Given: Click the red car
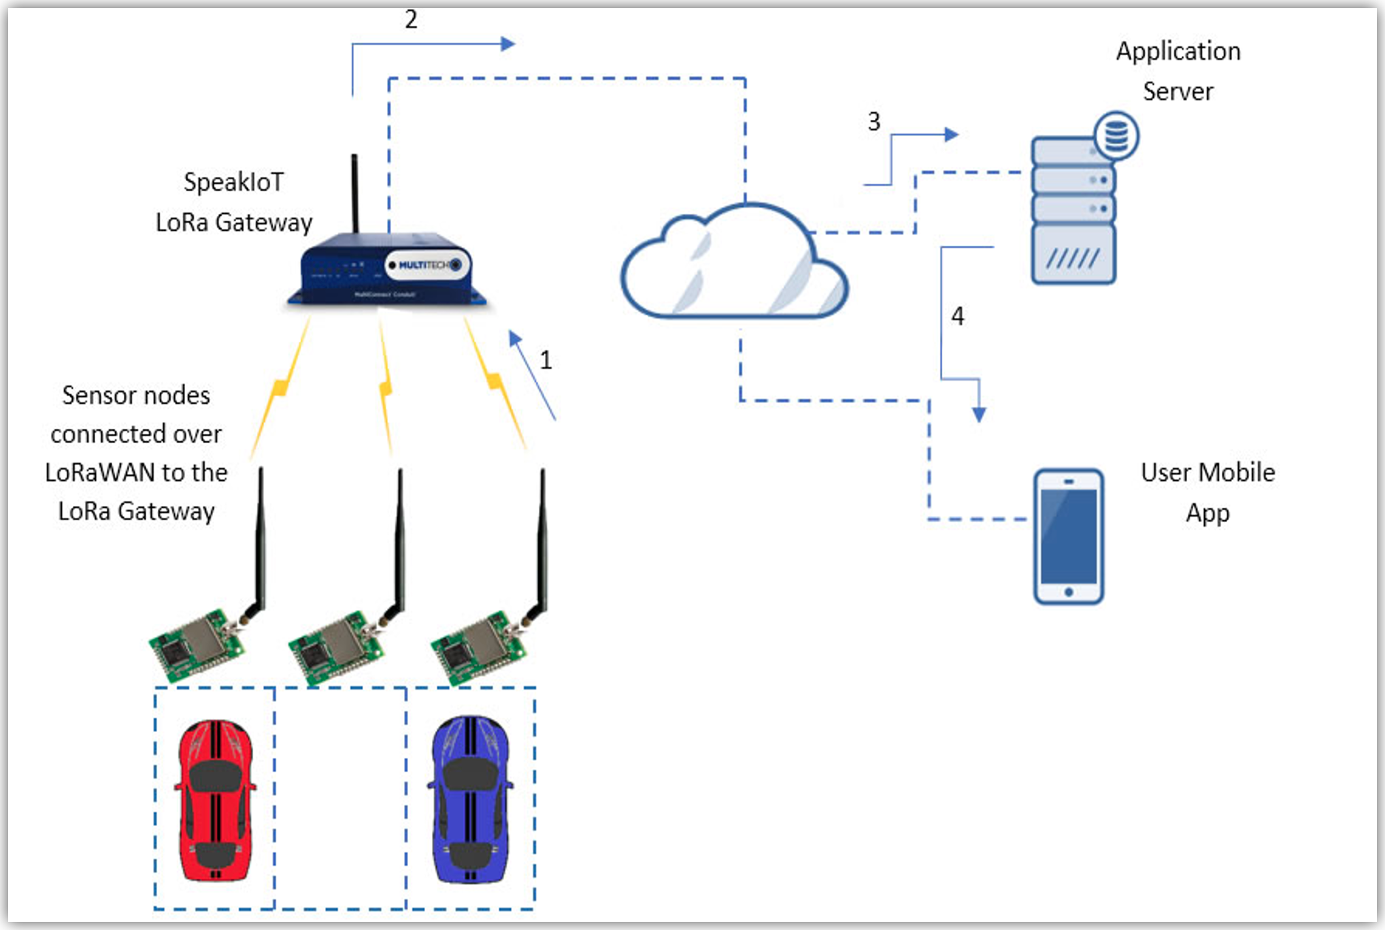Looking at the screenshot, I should [215, 800].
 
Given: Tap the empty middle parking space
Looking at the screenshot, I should [341, 797].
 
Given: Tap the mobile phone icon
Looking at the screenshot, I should [1068, 536].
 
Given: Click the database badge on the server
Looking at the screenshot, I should [1116, 135].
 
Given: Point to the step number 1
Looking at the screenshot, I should [546, 359].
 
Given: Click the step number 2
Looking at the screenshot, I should [411, 19].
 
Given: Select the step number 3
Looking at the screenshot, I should [874, 121].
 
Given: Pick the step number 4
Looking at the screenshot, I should [957, 315].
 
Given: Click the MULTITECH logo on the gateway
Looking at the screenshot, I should [427, 265].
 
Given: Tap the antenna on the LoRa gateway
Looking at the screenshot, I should [354, 194].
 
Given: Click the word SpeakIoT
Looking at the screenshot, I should [233, 182].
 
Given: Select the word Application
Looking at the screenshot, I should [1178, 51].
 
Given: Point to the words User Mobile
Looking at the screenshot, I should [1207, 472].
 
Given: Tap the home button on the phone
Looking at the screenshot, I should [1069, 592].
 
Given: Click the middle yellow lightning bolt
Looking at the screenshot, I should [386, 388].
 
